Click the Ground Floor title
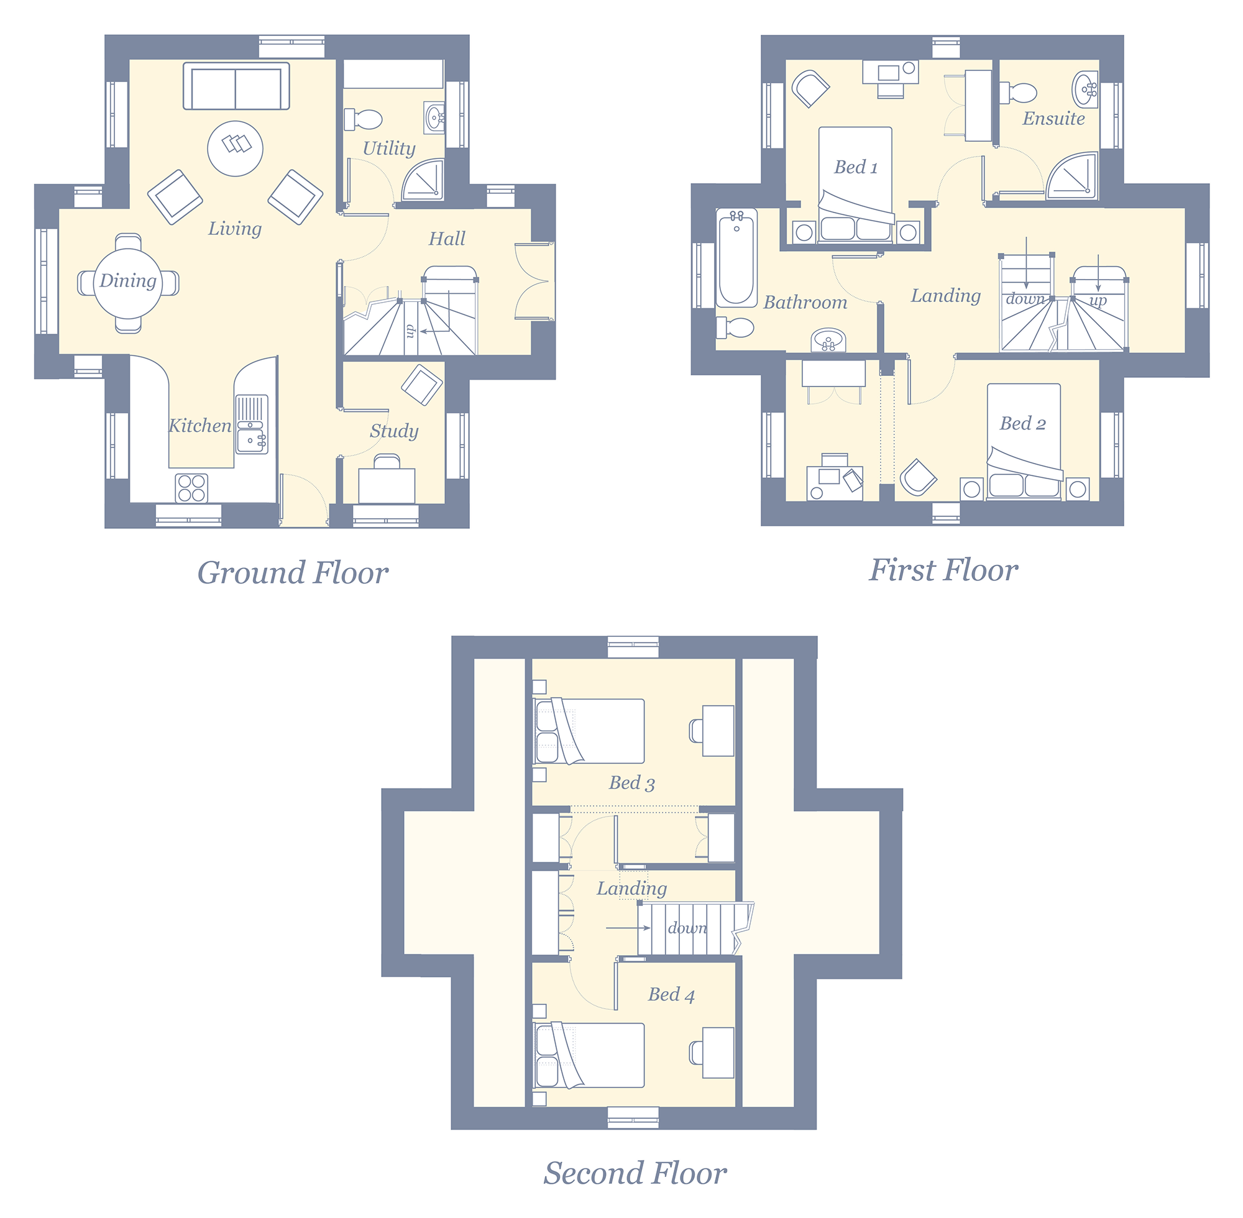(292, 573)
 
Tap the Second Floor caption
(635, 1173)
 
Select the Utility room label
(389, 149)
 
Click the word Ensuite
(1053, 118)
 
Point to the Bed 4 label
(671, 994)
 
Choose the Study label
(394, 431)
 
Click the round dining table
(128, 283)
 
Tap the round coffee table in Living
(236, 149)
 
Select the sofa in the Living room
(236, 86)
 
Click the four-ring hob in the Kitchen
(191, 487)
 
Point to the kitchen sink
(252, 425)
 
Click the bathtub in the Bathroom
(736, 258)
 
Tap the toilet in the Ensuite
(1018, 93)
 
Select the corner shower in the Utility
(423, 180)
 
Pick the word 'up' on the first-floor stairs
(1098, 300)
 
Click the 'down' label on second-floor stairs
(688, 928)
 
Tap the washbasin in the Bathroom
(828, 340)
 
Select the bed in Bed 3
(589, 731)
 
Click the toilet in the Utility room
(364, 119)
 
